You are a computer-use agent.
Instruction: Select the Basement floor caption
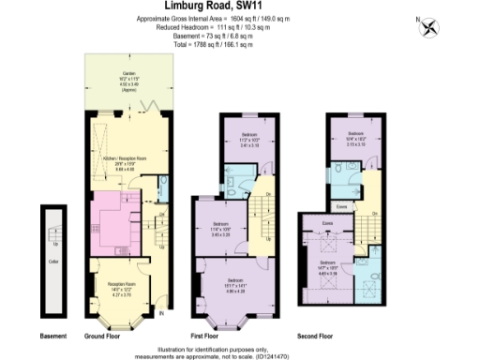point(52,336)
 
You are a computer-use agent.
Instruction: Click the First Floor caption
point(231,336)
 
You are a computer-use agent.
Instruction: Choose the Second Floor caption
point(316,336)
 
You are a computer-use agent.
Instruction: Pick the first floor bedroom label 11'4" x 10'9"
point(219,226)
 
